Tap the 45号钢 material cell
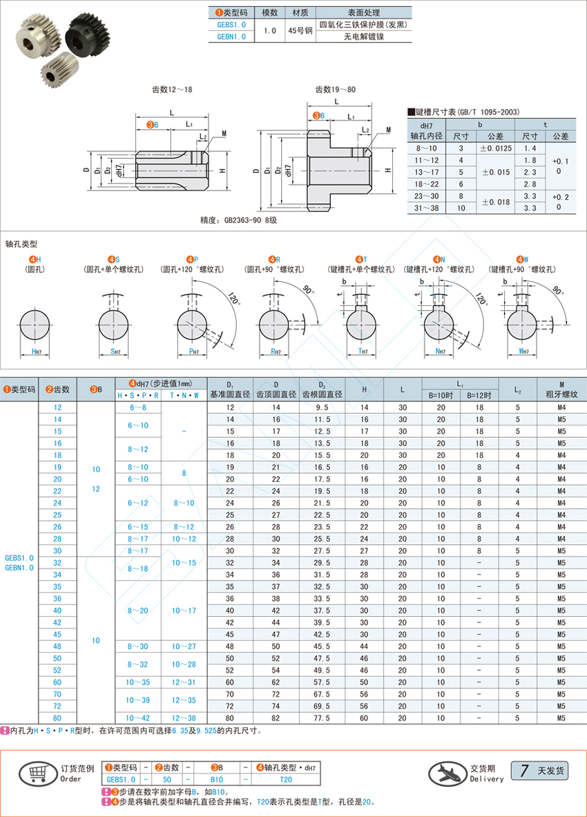299,30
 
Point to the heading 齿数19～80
336,89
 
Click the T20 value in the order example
285,778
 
